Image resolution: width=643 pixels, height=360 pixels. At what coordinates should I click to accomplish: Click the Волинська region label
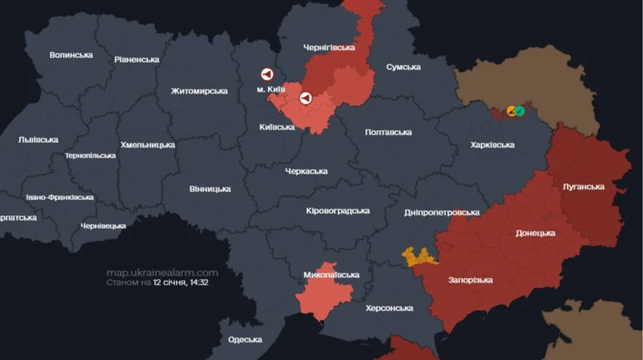tap(71, 55)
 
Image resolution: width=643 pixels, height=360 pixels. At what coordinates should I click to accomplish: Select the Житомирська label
tap(200, 91)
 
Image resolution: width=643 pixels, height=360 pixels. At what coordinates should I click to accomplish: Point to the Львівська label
tap(38, 139)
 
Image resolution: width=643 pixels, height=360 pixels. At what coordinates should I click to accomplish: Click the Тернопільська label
tap(90, 155)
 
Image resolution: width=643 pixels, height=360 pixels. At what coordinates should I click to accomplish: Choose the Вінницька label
tap(210, 189)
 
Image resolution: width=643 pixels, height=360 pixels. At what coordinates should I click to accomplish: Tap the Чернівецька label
tap(104, 226)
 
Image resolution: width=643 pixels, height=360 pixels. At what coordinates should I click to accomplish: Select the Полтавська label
tap(389, 132)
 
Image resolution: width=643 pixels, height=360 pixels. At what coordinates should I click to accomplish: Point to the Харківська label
tap(493, 145)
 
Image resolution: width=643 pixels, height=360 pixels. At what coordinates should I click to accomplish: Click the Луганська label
tap(584, 186)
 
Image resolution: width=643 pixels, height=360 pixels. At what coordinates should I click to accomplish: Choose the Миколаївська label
tap(332, 274)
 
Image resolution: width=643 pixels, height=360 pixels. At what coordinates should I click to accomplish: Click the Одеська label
tap(245, 339)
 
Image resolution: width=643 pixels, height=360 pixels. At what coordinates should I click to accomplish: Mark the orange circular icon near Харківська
tap(512, 110)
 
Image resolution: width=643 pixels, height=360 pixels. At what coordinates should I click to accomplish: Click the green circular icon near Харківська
tap(519, 110)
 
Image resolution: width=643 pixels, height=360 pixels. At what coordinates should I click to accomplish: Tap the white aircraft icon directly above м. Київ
tap(267, 74)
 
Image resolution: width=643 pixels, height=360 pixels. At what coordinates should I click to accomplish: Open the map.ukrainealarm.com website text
tap(162, 272)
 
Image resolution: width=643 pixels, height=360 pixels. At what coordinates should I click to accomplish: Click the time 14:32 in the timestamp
tap(198, 283)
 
